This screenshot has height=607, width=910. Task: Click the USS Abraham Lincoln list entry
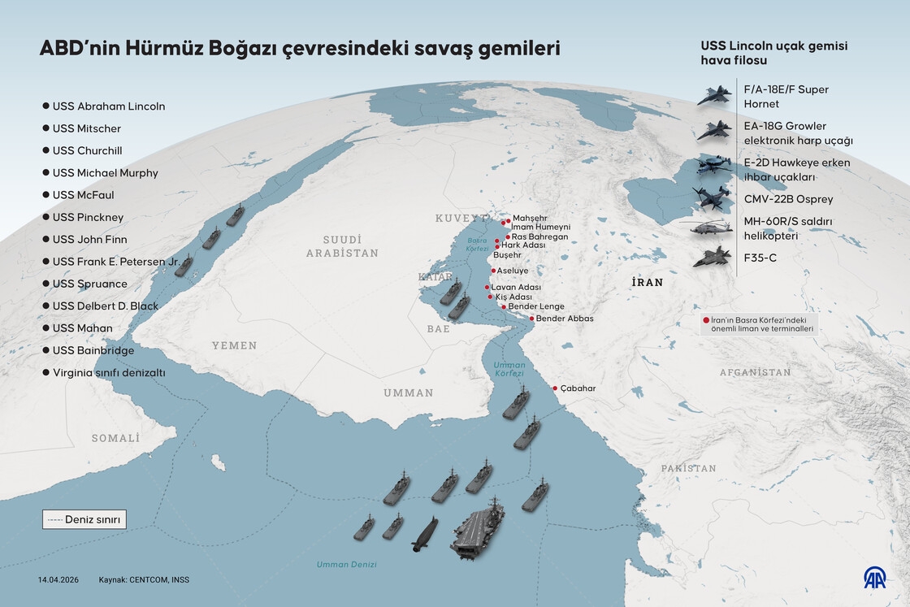[108, 106]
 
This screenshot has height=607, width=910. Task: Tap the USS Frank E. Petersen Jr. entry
[115, 262]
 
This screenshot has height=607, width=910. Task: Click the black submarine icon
[426, 533]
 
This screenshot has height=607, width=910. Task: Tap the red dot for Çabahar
[556, 388]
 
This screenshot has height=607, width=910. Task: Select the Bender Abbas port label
[565, 319]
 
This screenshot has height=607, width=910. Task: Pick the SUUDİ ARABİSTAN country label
[342, 246]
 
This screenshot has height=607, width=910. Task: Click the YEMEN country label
[234, 345]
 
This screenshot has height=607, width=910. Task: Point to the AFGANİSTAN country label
[754, 372]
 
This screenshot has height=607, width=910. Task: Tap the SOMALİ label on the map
[115, 438]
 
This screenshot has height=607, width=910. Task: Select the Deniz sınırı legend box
[84, 519]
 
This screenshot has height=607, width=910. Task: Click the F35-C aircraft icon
[712, 258]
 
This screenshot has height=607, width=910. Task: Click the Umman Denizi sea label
[347, 564]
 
